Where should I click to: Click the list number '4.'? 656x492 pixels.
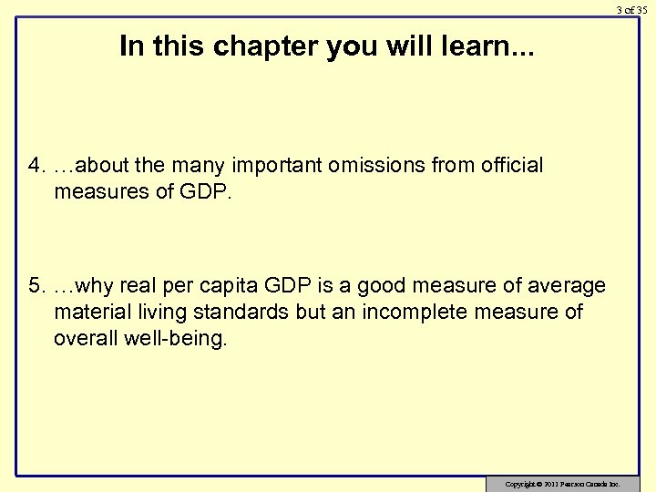tap(37, 166)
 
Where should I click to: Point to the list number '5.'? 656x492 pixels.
tap(37, 287)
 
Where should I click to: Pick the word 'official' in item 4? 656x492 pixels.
tap(507, 166)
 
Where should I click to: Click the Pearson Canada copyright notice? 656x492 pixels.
tap(562, 482)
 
